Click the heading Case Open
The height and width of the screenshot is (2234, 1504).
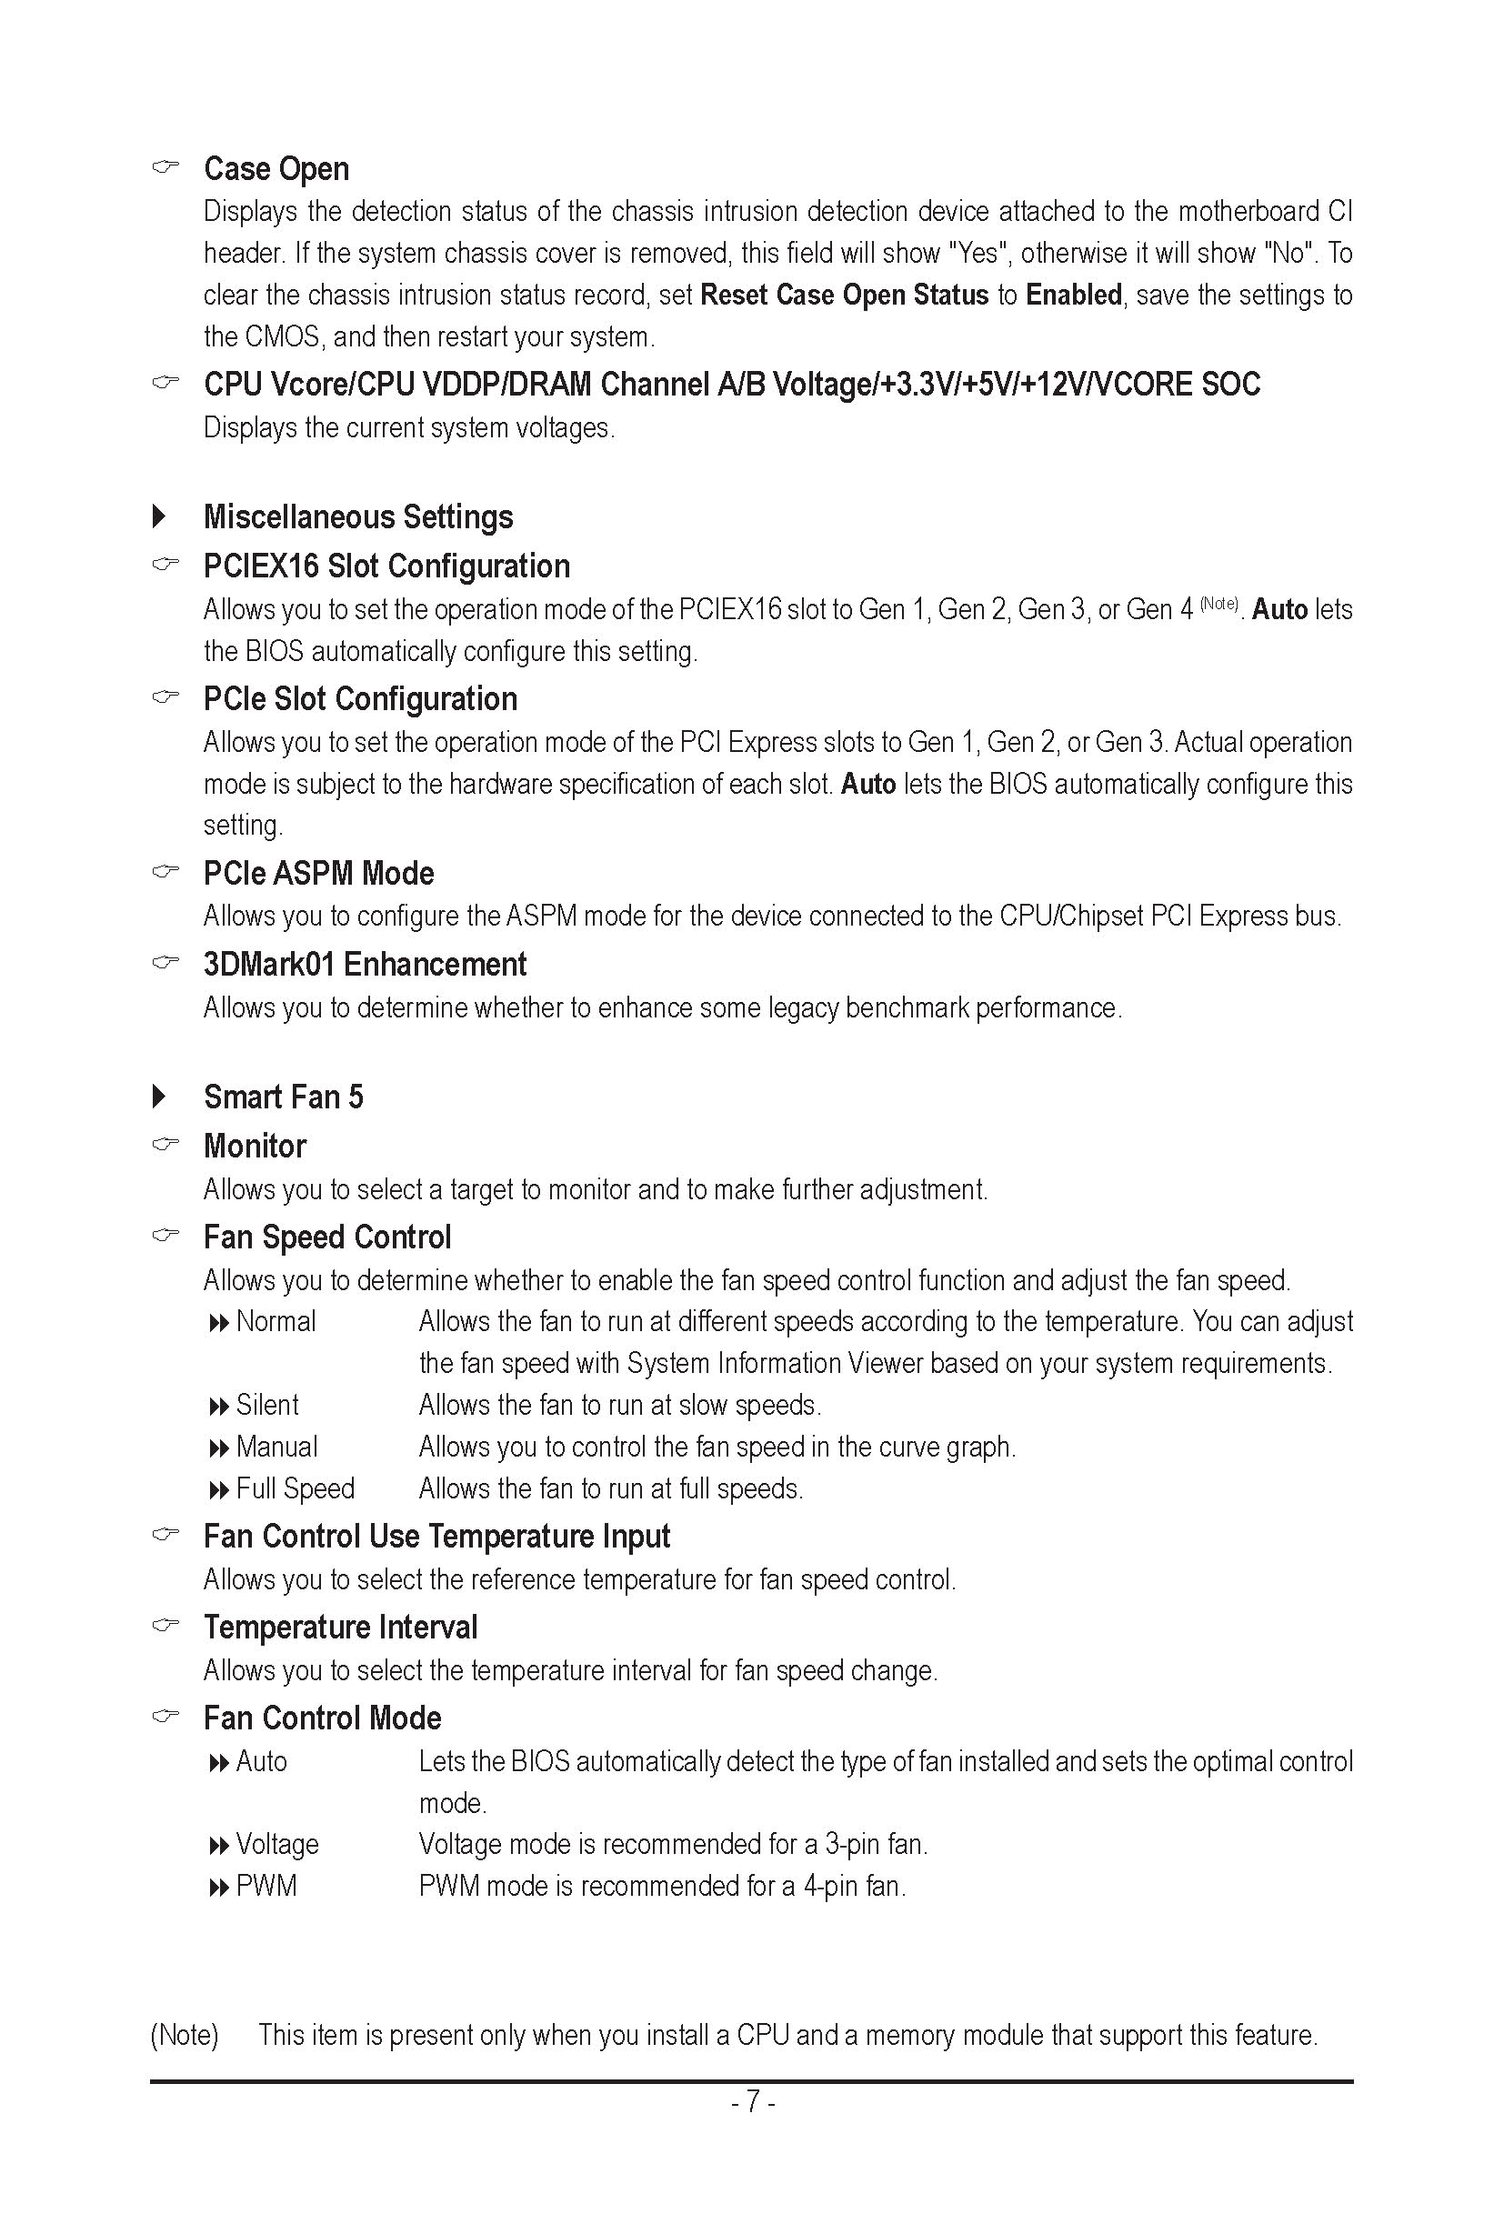276,169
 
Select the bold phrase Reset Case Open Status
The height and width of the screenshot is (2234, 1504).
844,295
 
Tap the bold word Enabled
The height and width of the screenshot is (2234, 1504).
1073,295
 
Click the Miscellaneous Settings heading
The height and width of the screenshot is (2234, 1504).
357,517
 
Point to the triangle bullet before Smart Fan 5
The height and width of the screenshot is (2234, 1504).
159,1097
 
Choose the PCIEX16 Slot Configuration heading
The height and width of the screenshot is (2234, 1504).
386,566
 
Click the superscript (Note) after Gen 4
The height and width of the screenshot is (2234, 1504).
1219,604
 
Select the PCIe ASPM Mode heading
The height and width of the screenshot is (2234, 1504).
318,873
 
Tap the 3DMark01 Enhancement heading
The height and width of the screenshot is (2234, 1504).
365,964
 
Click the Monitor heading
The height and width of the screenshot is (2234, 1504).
255,1147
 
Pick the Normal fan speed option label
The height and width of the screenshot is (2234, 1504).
276,1322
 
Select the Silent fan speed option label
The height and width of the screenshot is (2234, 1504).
266,1406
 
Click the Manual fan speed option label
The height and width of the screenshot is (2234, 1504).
276,1447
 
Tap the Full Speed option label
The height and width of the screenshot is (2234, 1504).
295,1488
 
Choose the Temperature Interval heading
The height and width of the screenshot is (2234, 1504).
339,1627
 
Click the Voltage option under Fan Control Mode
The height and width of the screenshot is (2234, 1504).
277,1844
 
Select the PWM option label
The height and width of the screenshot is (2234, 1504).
266,1886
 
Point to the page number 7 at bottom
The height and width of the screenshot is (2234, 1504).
753,2101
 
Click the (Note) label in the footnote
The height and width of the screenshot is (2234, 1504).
185,2034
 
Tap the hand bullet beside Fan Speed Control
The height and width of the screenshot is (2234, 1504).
165,1236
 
